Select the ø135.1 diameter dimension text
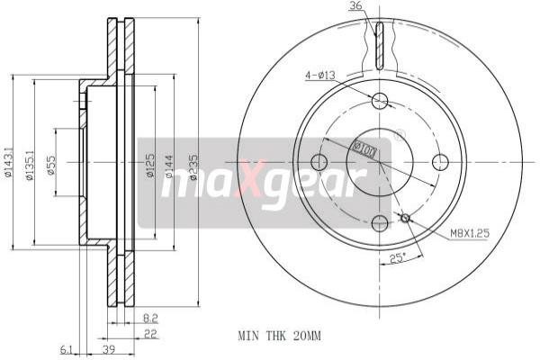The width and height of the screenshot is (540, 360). click(x=30, y=165)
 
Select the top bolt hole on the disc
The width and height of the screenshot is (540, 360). click(x=379, y=101)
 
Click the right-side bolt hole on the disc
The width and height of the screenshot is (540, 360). click(x=440, y=162)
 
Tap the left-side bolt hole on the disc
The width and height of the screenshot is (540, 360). click(x=318, y=162)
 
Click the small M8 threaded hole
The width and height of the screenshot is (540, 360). click(x=405, y=217)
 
